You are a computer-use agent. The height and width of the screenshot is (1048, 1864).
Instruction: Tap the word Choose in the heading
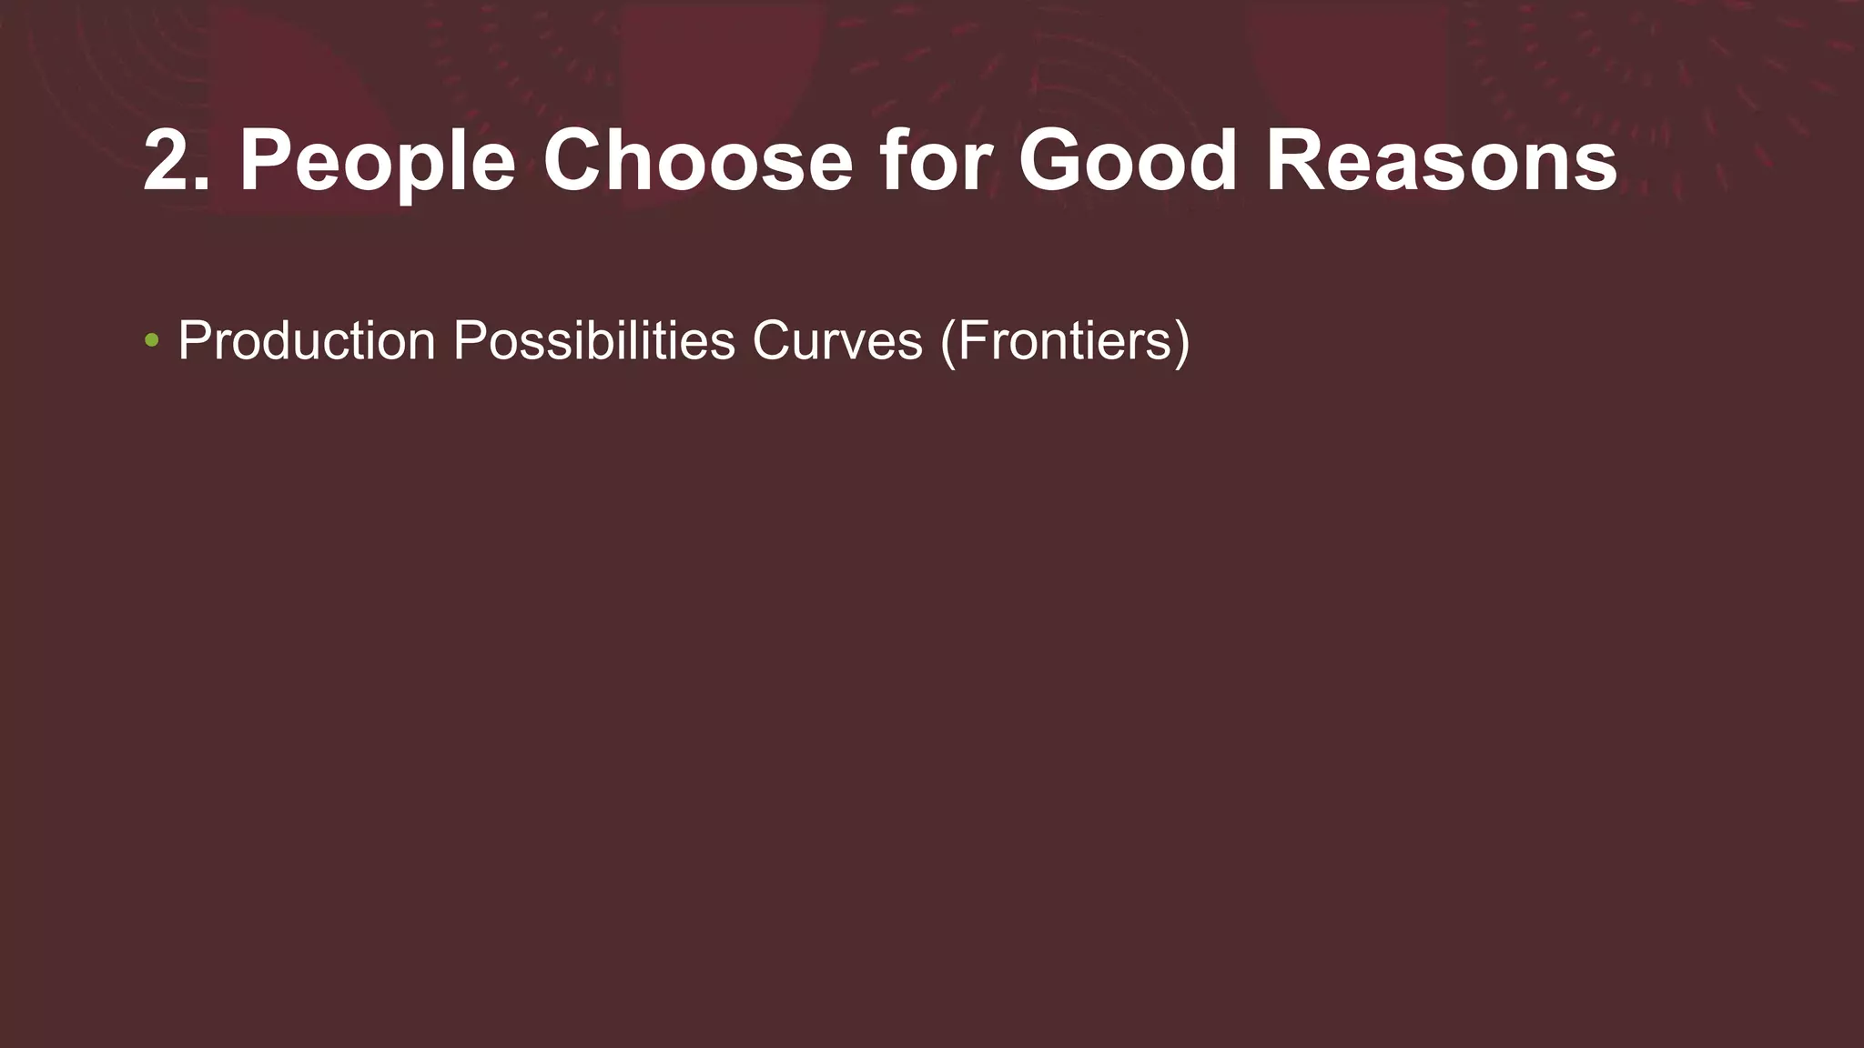tap(697, 160)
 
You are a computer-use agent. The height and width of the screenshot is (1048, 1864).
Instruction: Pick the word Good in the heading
tap(1128, 160)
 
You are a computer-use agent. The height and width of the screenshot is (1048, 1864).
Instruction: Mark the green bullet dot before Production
tap(152, 341)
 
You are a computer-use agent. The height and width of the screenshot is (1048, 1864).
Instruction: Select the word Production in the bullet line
tap(307, 341)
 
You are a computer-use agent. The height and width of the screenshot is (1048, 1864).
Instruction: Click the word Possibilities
tap(593, 341)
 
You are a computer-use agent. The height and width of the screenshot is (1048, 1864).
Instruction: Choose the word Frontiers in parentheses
tap(1064, 341)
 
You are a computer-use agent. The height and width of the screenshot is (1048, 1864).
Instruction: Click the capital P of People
tap(266, 160)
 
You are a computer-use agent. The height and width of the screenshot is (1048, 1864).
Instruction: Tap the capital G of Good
tap(1053, 160)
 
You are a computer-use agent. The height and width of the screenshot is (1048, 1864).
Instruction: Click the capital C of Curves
tap(772, 341)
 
